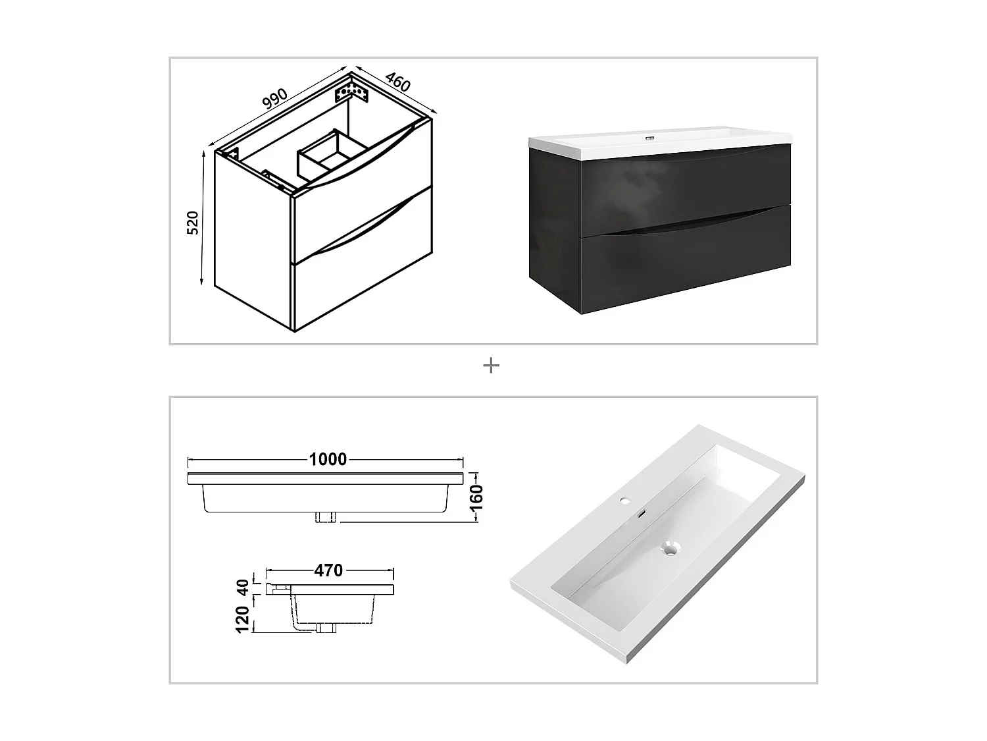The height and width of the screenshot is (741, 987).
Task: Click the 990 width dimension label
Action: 275,97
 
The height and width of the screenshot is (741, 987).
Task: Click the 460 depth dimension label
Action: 397,82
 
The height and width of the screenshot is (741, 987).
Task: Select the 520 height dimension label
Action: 192,223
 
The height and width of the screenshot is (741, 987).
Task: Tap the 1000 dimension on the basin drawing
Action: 328,459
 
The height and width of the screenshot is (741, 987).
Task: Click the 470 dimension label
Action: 328,570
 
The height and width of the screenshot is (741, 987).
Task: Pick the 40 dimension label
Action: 242,587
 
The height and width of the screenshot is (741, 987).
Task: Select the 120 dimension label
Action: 242,620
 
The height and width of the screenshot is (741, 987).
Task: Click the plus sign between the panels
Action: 491,366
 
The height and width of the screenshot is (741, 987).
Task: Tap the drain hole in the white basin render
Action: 670,548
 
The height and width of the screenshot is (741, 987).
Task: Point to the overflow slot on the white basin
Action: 642,513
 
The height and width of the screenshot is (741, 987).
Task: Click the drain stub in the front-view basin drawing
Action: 326,517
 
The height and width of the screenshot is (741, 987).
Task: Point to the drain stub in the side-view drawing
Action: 325,628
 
